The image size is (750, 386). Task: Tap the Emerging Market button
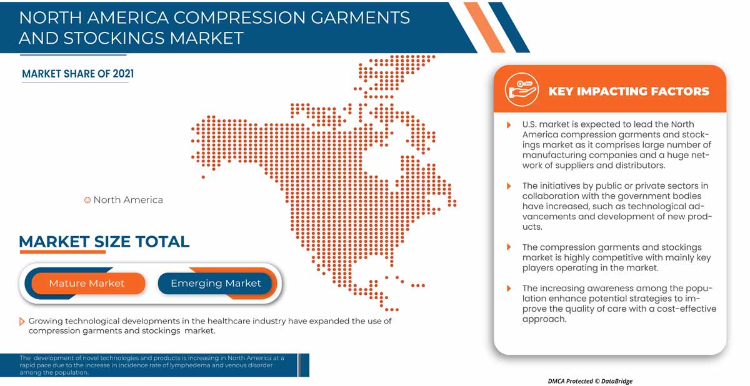215,284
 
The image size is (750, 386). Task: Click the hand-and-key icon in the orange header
522,89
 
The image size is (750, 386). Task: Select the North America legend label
128,200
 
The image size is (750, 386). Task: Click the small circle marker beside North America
87,200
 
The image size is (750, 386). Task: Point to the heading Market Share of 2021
77,74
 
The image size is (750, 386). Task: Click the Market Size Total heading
104,242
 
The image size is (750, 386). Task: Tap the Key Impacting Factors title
629,91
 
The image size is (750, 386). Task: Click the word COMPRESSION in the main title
239,17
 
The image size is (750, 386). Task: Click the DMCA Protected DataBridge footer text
590,381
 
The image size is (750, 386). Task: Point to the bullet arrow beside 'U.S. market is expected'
509,125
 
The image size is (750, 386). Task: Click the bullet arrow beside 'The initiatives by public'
509,186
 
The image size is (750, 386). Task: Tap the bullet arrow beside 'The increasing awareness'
509,289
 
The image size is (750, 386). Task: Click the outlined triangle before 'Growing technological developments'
22,322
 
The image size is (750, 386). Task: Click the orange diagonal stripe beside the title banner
484,27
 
